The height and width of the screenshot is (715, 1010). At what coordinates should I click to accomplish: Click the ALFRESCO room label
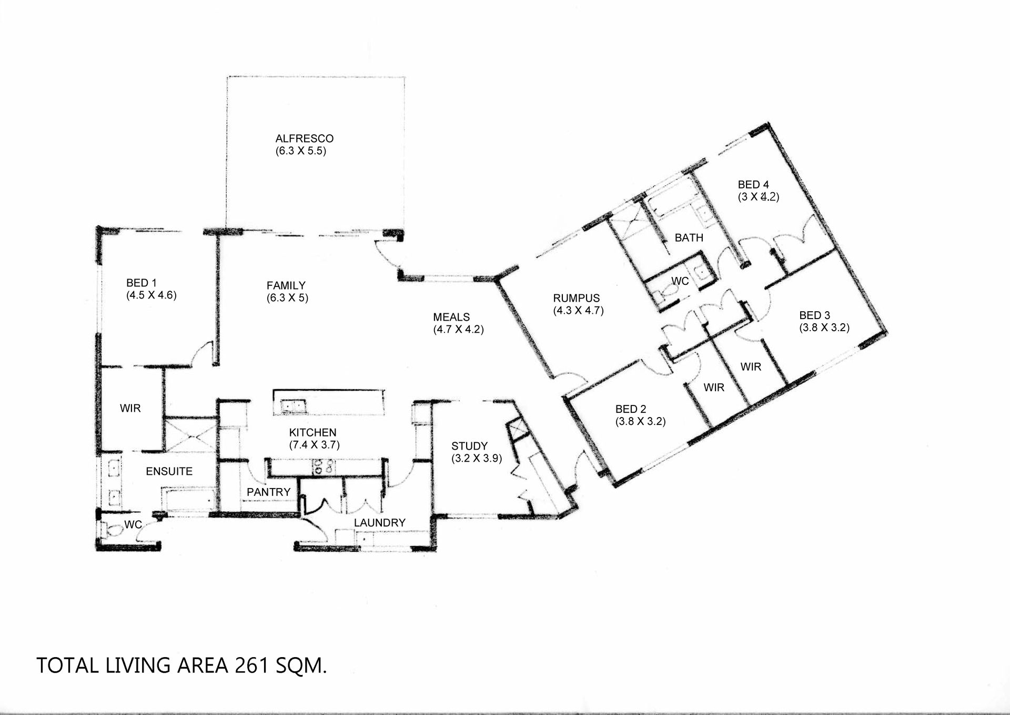click(x=305, y=138)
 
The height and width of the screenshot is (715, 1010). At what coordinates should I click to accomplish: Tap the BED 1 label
click(x=142, y=283)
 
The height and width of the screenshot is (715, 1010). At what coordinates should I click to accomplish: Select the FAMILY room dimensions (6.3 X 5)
click(x=287, y=297)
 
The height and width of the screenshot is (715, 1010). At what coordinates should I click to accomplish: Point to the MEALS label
click(x=451, y=317)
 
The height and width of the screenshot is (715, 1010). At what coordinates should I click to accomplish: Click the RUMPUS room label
click(x=577, y=298)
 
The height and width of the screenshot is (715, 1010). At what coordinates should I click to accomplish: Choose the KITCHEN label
click(x=312, y=432)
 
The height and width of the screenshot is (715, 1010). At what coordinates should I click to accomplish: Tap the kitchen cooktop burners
click(x=323, y=467)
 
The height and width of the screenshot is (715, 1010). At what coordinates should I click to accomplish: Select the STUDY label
click(x=469, y=446)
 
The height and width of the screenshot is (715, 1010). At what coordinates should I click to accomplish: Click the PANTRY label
click(x=268, y=492)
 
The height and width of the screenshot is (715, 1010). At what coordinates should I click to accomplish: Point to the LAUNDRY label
click(x=379, y=523)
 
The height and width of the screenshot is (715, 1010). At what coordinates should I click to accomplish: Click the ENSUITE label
click(x=169, y=471)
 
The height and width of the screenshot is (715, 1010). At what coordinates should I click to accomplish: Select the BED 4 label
click(x=753, y=184)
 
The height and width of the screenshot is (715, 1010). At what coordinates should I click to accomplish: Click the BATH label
click(x=689, y=237)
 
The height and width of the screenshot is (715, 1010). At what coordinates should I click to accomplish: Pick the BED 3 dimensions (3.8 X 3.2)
click(x=824, y=327)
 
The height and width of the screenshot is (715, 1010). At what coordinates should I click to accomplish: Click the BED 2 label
click(x=631, y=409)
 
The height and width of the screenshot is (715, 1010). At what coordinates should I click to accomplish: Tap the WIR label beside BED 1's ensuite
click(x=130, y=408)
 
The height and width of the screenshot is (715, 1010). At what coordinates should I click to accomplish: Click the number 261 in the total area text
click(x=252, y=666)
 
